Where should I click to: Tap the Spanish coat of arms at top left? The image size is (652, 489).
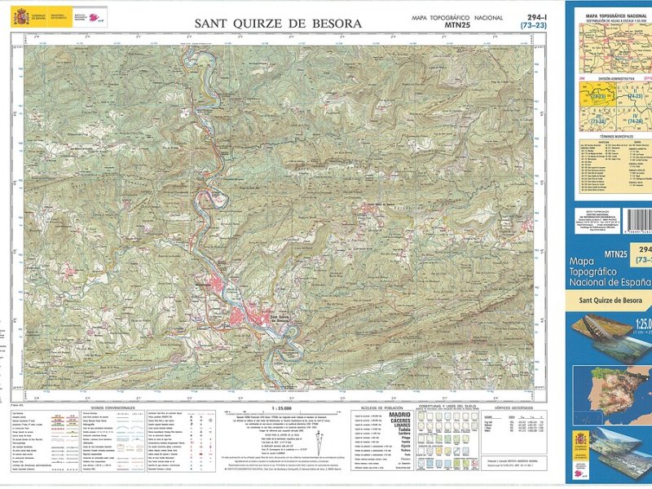click(20, 15)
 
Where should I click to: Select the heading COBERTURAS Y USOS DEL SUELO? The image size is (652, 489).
click(447, 406)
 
